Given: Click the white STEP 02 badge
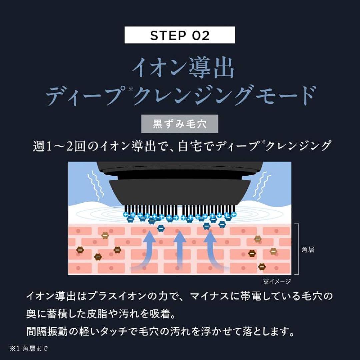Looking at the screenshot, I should coord(180,35).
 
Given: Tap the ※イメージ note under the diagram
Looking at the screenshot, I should coord(277,282).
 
